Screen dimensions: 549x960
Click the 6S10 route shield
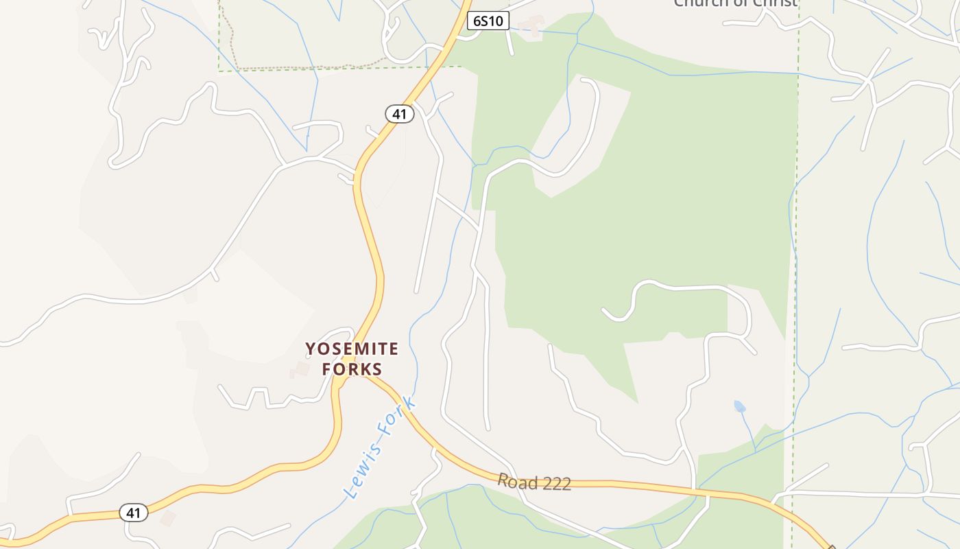(488, 21)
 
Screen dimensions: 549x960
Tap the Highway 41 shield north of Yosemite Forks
(399, 114)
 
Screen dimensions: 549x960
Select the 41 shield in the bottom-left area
(133, 513)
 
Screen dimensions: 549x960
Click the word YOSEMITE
(352, 349)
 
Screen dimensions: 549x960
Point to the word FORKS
(352, 369)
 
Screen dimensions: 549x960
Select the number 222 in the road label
(556, 484)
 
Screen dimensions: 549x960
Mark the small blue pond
(739, 406)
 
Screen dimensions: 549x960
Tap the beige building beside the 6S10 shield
(530, 27)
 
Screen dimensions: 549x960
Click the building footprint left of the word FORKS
(300, 371)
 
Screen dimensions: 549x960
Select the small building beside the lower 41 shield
(167, 517)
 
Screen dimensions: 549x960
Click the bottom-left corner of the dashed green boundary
(219, 71)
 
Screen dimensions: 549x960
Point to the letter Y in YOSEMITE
(311, 349)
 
